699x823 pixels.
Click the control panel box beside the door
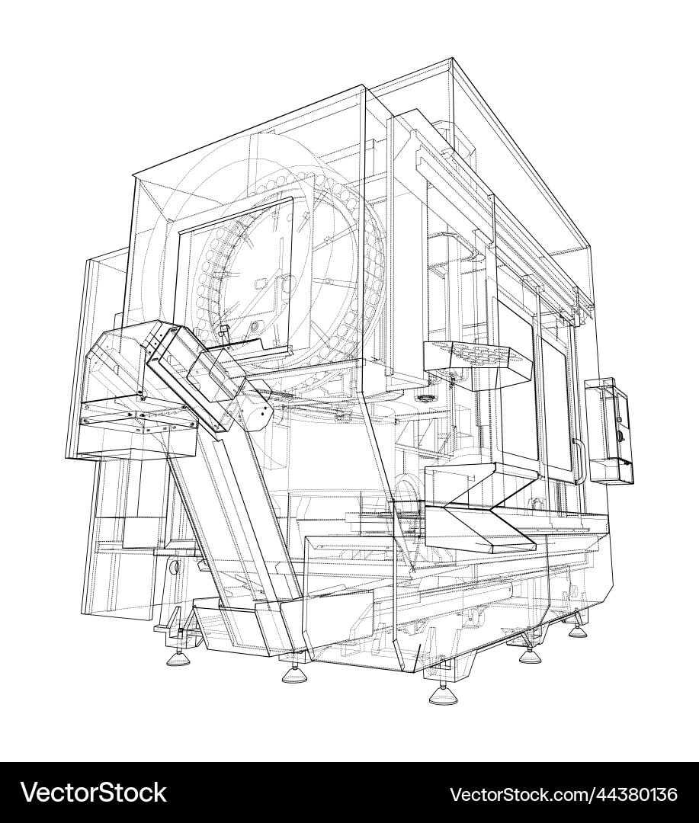[x=611, y=431]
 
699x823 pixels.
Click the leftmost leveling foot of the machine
[x=177, y=655]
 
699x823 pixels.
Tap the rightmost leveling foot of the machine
[x=577, y=630]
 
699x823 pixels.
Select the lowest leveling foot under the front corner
[x=443, y=694]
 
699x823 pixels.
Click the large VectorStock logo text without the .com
[x=93, y=793]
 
